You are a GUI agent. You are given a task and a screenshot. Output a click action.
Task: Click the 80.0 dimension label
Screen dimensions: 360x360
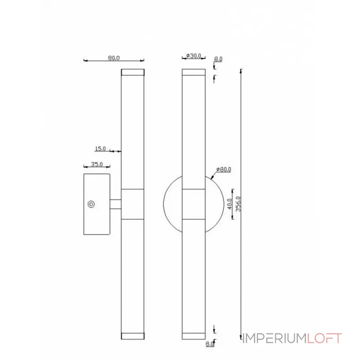click(x=114, y=58)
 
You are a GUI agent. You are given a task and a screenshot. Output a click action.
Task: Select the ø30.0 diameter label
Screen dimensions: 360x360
click(x=194, y=56)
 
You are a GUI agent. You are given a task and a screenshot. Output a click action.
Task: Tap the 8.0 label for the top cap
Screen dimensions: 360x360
click(x=218, y=59)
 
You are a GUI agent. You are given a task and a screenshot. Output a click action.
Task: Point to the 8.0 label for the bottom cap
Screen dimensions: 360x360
click(x=209, y=344)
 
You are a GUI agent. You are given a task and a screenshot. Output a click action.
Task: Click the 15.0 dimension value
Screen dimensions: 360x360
click(x=100, y=148)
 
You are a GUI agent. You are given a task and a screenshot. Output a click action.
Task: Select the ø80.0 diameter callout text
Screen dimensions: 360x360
click(x=224, y=170)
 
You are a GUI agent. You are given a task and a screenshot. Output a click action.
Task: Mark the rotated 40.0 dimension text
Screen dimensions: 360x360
click(x=229, y=204)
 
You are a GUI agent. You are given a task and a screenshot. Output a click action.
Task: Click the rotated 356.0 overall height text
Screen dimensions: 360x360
click(x=239, y=204)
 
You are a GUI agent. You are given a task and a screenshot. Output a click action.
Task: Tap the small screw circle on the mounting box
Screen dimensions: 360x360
click(x=91, y=204)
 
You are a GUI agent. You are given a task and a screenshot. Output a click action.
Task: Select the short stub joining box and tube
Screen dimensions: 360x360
click(x=116, y=204)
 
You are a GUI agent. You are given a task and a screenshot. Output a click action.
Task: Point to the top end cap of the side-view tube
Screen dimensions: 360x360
click(x=133, y=72)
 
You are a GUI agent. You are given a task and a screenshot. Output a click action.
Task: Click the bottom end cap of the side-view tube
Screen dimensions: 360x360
click(x=133, y=336)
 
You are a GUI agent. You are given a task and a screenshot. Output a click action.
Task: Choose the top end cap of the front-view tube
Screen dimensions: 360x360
click(x=193, y=72)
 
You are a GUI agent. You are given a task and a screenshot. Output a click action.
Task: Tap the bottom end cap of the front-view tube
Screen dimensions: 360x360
click(x=193, y=336)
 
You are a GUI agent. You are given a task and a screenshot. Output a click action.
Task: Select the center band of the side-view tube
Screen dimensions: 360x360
click(x=133, y=204)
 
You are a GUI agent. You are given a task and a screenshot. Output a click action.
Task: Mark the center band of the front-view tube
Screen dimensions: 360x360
click(x=193, y=204)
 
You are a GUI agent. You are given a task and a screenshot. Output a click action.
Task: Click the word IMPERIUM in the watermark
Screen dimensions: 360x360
click(x=274, y=338)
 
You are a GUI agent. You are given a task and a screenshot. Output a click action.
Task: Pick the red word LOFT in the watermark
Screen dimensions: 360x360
click(x=325, y=338)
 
